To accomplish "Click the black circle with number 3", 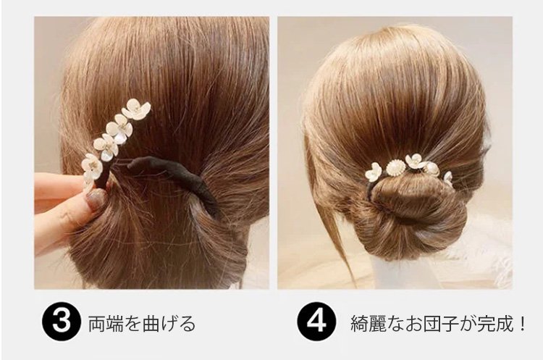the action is [62, 322].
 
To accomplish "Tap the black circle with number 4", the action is [316, 322].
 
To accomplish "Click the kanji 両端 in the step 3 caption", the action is [102, 324].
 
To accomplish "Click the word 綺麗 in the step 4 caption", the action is [364, 324].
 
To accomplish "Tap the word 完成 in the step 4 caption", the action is [498, 324].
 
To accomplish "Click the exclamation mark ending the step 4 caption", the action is [523, 324].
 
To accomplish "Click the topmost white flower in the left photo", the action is [136, 109].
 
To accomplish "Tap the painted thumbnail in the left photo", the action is [96, 199].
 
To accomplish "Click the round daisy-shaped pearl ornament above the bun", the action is [394, 169].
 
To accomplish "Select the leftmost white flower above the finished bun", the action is [374, 172].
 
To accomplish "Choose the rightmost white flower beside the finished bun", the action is [448, 178].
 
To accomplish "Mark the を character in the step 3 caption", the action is [129, 324].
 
